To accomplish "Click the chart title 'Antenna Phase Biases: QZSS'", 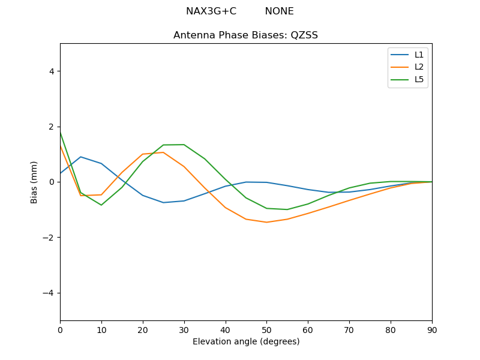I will coord(245,35).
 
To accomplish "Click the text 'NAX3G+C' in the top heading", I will coord(211,11).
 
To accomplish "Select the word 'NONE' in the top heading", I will coord(279,11).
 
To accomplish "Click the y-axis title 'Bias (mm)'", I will coord(34,182).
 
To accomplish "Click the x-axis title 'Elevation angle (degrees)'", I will coord(245,342).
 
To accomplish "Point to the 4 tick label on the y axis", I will coord(52,71).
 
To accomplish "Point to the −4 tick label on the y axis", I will coord(49,293).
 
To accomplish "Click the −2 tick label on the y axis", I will coord(49,238).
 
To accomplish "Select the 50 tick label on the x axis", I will coord(266,329).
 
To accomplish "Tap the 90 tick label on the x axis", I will coord(431,329).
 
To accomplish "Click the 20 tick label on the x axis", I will coord(143,329).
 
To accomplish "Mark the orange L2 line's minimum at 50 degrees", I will coord(266,222).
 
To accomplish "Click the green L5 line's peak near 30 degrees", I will coord(184,145).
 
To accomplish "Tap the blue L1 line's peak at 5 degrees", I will coord(80,157).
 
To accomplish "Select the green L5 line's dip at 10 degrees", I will coord(101,205).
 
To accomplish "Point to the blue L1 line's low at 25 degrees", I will coord(163,202).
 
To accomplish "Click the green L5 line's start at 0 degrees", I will coord(61,132).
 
